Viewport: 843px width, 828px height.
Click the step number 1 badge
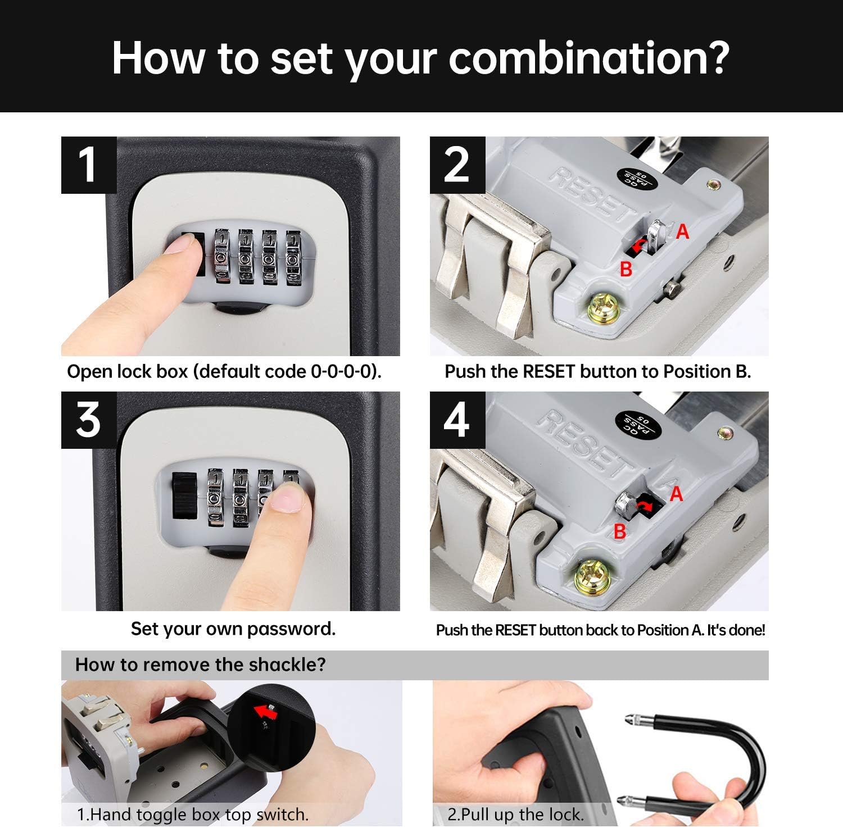click(x=89, y=165)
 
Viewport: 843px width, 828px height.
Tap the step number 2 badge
click(x=457, y=165)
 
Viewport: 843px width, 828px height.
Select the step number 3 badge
click(x=89, y=420)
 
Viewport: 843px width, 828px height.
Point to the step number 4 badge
click(x=457, y=420)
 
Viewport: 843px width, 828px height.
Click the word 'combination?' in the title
click(x=589, y=58)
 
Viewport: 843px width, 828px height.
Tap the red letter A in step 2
click(x=682, y=231)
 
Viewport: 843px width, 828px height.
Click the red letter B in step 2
click(x=626, y=270)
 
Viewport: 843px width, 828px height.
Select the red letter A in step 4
click(x=676, y=494)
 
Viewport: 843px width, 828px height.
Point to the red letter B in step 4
click(x=620, y=531)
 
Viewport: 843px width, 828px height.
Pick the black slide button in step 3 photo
click(x=184, y=496)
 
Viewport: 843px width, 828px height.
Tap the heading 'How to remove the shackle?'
click(x=201, y=665)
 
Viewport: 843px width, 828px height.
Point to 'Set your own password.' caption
click(x=233, y=629)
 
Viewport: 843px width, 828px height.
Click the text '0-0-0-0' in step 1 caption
click(x=341, y=372)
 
